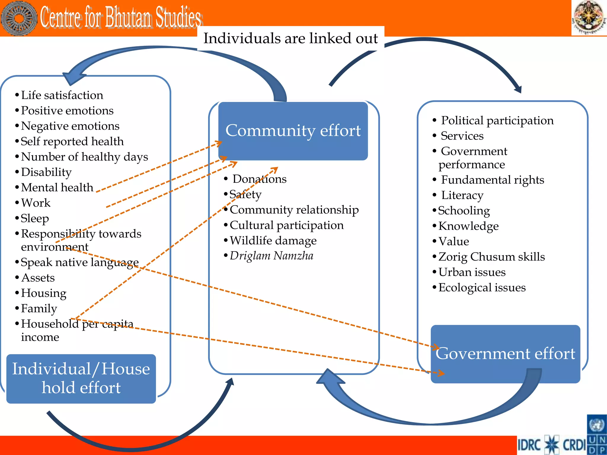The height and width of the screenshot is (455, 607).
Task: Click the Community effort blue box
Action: pyautogui.click(x=293, y=131)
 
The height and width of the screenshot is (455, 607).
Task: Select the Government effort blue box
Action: pyautogui.click(x=505, y=354)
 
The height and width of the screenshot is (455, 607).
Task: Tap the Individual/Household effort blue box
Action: pyautogui.click(x=81, y=378)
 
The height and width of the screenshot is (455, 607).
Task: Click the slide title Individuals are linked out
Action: pyautogui.click(x=290, y=39)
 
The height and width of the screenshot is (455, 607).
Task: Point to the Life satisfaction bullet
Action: pyautogui.click(x=62, y=95)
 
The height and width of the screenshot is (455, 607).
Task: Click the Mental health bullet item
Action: pyautogui.click(x=57, y=188)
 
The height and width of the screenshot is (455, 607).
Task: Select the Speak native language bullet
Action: pyautogui.click(x=79, y=262)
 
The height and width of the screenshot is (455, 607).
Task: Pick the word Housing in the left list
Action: pyautogui.click(x=44, y=293)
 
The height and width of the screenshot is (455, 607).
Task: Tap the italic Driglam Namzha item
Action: pyautogui.click(x=271, y=256)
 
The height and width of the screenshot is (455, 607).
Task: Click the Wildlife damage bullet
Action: pyautogui.click(x=273, y=240)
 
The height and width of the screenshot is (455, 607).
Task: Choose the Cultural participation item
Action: pyautogui.click(x=286, y=225)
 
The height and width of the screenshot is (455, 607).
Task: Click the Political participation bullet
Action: pyautogui.click(x=497, y=121)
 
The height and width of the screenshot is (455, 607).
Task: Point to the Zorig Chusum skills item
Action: pyautogui.click(x=491, y=257)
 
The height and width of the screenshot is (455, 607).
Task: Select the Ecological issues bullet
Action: pyautogui.click(x=482, y=287)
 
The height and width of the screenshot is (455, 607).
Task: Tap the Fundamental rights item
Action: pyautogui.click(x=492, y=180)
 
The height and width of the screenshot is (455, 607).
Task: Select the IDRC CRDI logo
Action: pyautogui.click(x=551, y=445)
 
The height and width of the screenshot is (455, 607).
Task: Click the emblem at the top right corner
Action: pyautogui.click(x=588, y=17)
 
